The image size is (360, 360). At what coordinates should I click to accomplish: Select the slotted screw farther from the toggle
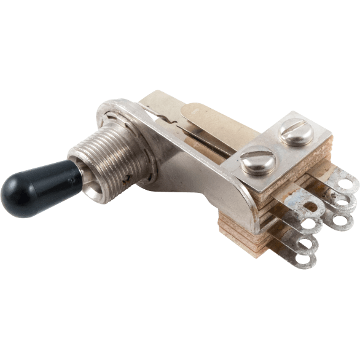coord(291,133)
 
